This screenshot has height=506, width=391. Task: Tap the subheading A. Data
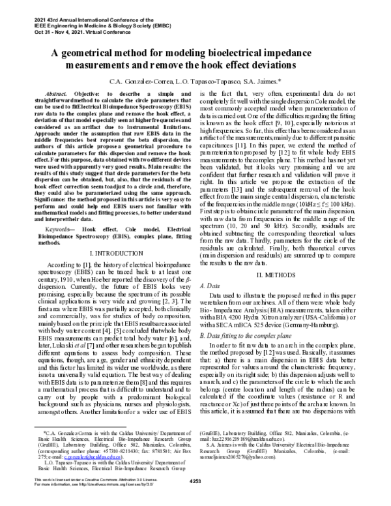[x=210, y=267]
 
